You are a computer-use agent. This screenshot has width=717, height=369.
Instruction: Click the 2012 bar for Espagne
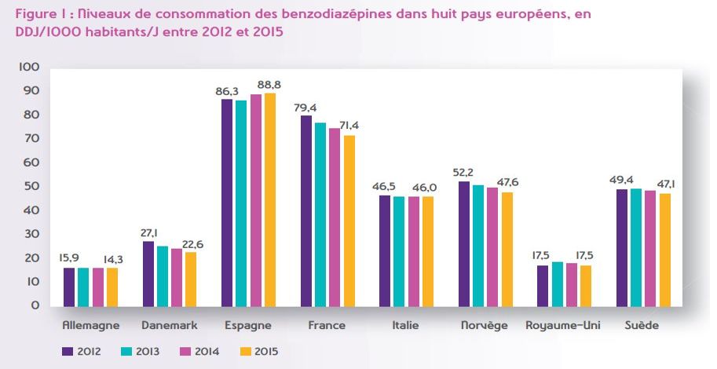click(227, 203)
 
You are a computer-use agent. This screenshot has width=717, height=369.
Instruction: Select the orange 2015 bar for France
click(349, 221)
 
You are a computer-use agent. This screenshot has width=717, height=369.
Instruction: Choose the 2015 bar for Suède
click(666, 249)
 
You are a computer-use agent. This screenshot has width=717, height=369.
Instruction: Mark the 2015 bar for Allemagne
click(113, 287)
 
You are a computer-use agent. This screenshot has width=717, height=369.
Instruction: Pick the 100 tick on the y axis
click(30, 68)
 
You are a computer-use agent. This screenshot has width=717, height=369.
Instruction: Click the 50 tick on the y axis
click(33, 187)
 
